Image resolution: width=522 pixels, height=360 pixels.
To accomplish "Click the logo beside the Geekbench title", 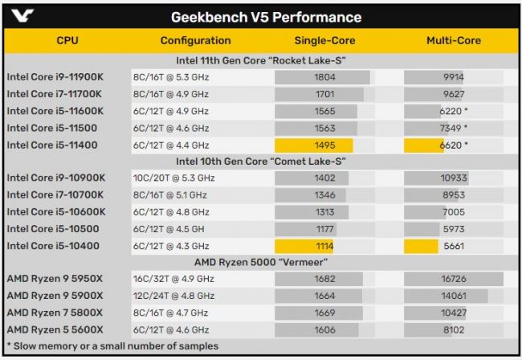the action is click(x=22, y=15).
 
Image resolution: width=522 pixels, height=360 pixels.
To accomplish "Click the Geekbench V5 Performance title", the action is click(x=267, y=18).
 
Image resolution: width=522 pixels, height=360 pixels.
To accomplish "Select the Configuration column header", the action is click(x=195, y=41).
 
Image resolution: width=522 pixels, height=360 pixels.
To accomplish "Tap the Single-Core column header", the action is click(x=324, y=41).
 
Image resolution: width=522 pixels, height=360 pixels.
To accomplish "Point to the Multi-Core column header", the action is click(x=454, y=41).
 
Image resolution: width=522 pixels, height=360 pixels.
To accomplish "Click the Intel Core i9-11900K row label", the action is click(x=55, y=77).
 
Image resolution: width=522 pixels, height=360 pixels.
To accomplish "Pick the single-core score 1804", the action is click(x=325, y=77).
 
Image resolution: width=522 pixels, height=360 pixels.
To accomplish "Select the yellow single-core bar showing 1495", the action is click(x=313, y=145).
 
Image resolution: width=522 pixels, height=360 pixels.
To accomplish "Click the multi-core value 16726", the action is click(x=454, y=279).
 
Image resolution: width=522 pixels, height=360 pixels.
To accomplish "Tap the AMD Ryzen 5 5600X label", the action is click(x=55, y=329).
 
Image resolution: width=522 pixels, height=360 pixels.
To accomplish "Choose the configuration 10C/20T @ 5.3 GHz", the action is click(x=173, y=178).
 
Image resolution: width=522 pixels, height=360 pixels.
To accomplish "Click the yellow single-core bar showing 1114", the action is click(x=304, y=246).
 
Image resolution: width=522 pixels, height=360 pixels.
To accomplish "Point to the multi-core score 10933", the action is click(x=454, y=178).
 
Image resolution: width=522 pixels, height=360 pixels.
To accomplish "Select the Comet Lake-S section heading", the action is click(x=261, y=162).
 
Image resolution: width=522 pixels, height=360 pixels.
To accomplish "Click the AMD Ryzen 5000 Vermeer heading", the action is click(x=261, y=262).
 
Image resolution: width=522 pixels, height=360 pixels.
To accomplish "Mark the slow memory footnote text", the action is click(x=112, y=346).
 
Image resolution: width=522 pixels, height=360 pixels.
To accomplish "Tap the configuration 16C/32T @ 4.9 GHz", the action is click(x=173, y=279).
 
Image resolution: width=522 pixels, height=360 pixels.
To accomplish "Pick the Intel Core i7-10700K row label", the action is click(x=55, y=194).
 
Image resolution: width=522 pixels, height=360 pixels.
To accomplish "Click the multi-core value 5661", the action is click(x=454, y=246).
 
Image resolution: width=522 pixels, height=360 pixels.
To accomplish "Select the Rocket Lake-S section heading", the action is click(x=261, y=60).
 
